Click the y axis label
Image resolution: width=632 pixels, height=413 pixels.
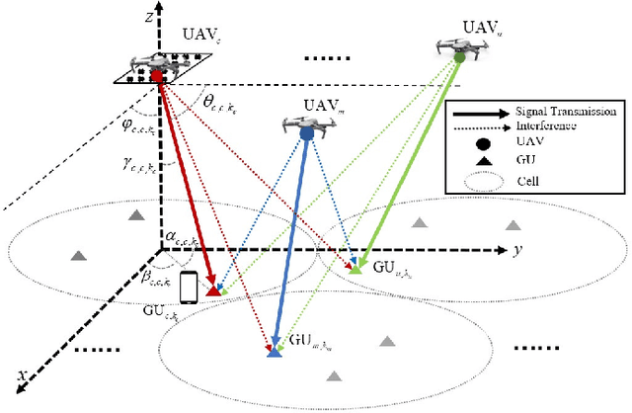tap(517, 250)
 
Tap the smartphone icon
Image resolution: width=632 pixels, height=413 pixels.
tap(189, 288)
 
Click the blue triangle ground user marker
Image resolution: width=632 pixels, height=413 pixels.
tap(275, 351)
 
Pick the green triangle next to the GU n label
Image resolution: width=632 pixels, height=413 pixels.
tap(358, 265)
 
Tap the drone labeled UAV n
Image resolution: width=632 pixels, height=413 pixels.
tap(460, 47)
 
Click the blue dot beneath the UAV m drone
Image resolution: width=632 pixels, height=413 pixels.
tap(307, 131)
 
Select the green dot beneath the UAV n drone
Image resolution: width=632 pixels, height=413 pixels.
tap(459, 58)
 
